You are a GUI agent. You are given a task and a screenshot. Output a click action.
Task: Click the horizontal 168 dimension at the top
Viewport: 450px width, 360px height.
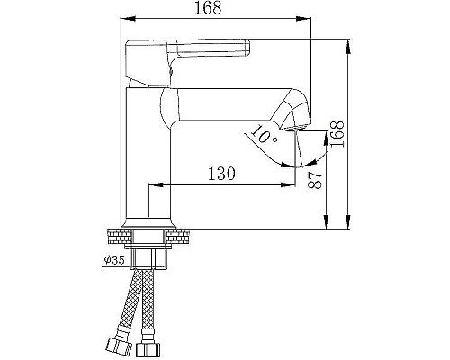click(215, 9)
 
